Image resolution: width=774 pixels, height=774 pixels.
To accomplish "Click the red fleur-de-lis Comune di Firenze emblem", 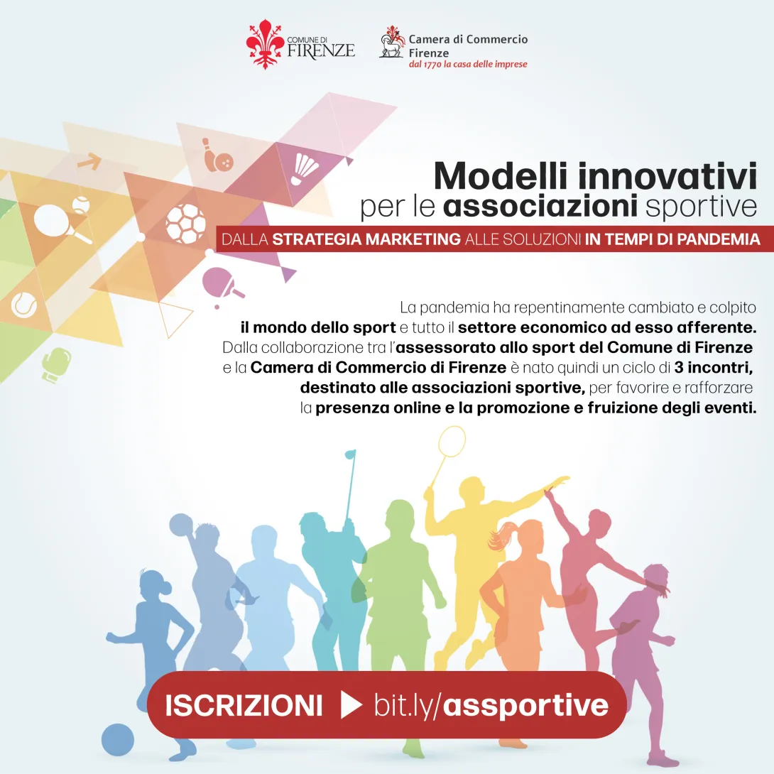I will [x=265, y=44].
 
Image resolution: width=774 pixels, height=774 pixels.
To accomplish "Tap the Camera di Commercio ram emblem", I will [x=392, y=42].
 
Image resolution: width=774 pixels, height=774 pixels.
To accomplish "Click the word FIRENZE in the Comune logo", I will [x=321, y=50].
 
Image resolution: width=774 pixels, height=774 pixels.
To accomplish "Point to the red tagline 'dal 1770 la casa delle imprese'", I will [x=467, y=65].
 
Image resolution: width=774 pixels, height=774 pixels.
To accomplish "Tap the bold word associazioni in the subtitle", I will [x=539, y=207].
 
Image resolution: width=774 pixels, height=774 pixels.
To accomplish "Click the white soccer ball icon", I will [x=185, y=222].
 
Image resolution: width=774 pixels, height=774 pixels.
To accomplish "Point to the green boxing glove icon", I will [x=55, y=365].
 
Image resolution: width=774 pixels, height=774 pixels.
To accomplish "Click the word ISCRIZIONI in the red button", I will [x=244, y=706].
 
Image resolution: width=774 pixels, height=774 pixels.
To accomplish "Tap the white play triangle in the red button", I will [x=351, y=705].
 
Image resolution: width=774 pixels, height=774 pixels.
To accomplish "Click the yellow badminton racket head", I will [x=452, y=442].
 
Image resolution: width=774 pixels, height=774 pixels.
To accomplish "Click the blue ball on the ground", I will [x=117, y=739].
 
